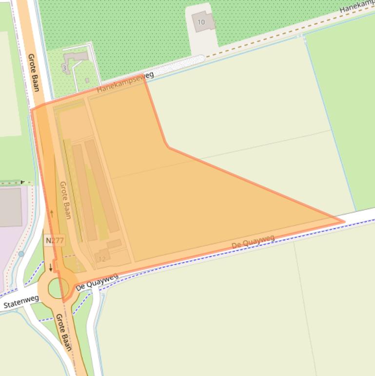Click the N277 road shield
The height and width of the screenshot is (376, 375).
pyautogui.click(x=55, y=240)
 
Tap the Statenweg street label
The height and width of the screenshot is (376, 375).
pyautogui.click(x=20, y=302)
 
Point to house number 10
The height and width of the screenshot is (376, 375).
pyautogui.click(x=201, y=22)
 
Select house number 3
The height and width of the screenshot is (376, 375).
pyautogui.click(x=64, y=68)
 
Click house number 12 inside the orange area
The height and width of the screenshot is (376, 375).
pyautogui.click(x=102, y=258)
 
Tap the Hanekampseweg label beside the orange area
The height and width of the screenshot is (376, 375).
pyautogui.click(x=125, y=82)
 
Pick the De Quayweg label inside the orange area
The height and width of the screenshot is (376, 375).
pyautogui.click(x=253, y=241)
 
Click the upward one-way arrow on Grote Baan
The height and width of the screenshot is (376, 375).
pyautogui.click(x=52, y=213)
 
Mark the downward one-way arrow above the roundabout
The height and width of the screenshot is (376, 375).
pyautogui.click(x=51, y=267)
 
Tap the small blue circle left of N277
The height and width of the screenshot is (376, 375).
pyautogui.click(x=21, y=254)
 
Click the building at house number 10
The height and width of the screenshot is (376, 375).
pyautogui.click(x=204, y=22)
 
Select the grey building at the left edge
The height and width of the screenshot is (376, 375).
pyautogui.click(x=10, y=207)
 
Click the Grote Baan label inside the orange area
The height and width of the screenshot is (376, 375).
pyautogui.click(x=65, y=200)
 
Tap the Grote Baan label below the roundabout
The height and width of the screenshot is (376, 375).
pyautogui.click(x=63, y=332)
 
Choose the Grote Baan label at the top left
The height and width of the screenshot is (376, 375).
pyautogui.click(x=34, y=72)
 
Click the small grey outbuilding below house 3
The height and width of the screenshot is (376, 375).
pyautogui.click(x=87, y=80)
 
